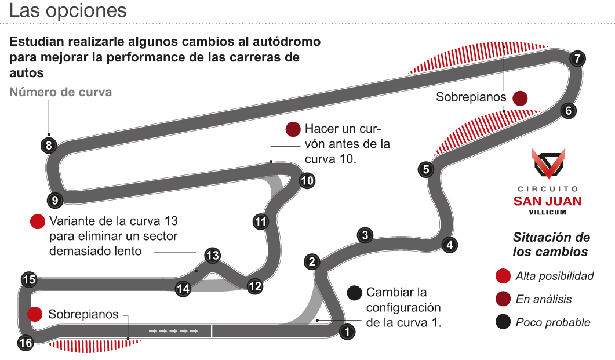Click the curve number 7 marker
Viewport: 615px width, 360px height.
point(577,58)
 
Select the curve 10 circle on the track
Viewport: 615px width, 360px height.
point(307,181)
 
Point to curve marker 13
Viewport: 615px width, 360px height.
point(213,255)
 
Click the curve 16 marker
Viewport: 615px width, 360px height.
point(26,343)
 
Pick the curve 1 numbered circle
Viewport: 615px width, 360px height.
point(347,332)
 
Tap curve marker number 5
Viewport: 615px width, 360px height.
point(426,169)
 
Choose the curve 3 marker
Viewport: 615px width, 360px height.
point(365,235)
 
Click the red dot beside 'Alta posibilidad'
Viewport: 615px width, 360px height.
point(504,276)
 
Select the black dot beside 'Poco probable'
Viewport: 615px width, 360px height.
point(504,322)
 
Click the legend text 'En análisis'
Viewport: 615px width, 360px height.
point(544,299)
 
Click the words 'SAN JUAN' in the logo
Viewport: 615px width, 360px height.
point(548,201)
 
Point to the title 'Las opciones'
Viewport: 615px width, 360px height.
point(68,11)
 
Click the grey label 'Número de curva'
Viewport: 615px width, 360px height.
point(61,92)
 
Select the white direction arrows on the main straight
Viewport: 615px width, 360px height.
point(173,331)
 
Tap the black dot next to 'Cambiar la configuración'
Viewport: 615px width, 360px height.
point(354,293)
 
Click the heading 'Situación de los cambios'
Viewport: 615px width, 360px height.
point(551,245)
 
